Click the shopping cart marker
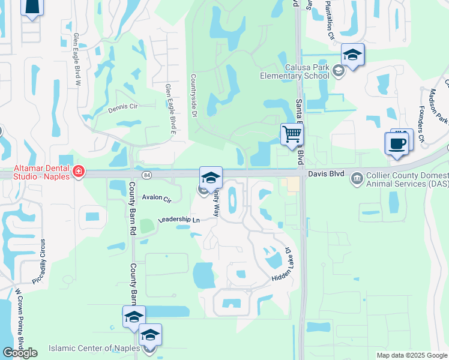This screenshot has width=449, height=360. coord(292,134)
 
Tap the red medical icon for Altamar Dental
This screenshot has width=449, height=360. coord(77,173)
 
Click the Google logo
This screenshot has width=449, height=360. coord(20,352)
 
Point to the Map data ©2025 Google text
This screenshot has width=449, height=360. coord(411,355)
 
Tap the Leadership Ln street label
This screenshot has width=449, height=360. coord(178,220)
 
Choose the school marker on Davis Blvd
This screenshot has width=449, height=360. coord(211,177)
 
